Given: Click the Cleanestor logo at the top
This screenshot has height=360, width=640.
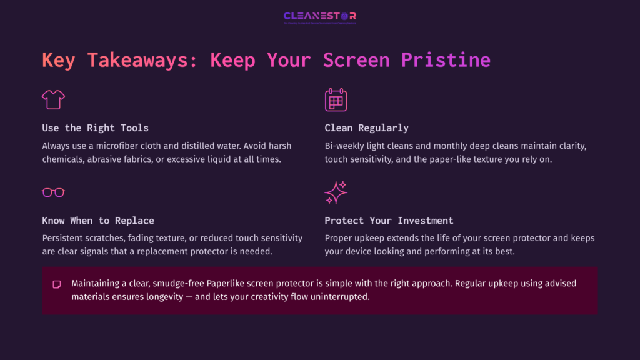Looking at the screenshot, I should point(319,16).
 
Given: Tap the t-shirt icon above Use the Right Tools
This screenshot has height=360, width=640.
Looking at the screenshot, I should point(53,99).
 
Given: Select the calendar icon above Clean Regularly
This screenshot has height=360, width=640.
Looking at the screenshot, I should point(336,99).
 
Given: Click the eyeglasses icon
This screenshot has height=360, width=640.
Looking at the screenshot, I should point(53,192).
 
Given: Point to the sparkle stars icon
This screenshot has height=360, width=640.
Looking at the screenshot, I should point(336,192).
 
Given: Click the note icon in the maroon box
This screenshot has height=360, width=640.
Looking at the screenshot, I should point(57,284).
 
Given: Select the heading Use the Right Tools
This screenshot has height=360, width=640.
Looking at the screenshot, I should point(95,128).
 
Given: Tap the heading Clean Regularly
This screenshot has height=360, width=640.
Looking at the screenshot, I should point(366,128).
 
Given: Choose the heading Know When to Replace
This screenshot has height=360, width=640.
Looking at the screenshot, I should point(98,221).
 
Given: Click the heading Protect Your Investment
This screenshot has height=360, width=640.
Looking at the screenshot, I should point(389,221).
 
